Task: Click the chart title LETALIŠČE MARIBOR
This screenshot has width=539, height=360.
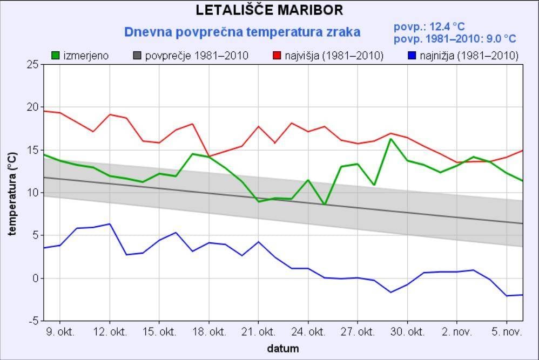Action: coord(269,10)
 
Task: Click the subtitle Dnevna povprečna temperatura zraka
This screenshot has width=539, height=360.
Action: coord(242,32)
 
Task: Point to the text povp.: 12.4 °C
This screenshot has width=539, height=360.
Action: coord(429,26)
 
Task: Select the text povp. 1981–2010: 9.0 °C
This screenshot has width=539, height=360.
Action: coord(455,39)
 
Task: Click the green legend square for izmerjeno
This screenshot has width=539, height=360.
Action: coord(56,55)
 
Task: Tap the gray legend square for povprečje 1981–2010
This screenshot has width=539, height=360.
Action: coord(137,55)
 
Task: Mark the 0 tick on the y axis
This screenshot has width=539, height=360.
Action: coord(35,279)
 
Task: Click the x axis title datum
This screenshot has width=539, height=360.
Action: coord(282,349)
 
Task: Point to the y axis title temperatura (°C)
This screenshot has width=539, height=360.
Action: coord(12,193)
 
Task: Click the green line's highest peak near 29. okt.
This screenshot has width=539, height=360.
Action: coord(390,139)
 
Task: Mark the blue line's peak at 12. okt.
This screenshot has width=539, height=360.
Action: coord(109,224)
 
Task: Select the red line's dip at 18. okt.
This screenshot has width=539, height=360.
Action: coord(208,156)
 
